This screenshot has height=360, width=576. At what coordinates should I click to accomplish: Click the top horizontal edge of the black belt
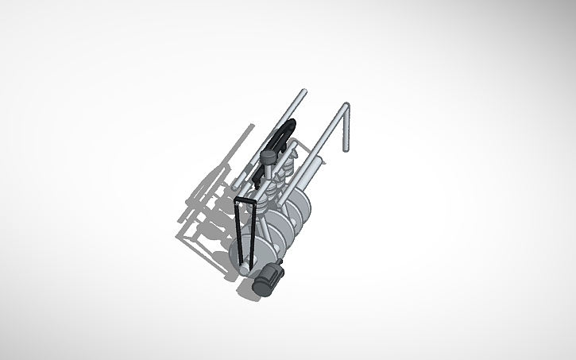(x=245, y=203)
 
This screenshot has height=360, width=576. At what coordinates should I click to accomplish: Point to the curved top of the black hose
(x=291, y=123)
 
